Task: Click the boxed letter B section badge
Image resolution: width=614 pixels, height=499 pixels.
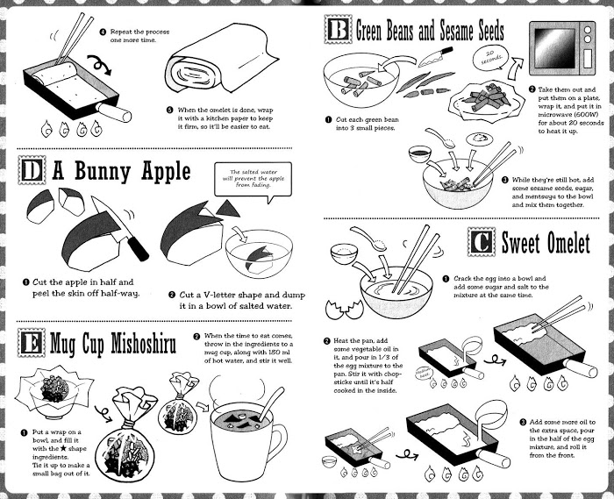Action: coord(338,30)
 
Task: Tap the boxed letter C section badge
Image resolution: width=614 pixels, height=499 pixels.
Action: coord(482,242)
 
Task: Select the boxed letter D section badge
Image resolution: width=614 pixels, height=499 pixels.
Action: coord(32,170)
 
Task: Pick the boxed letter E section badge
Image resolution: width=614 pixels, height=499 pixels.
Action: coord(32,343)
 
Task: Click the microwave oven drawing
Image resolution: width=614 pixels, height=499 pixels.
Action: coord(562,48)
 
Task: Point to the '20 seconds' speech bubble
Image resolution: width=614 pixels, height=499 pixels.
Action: coord(489,58)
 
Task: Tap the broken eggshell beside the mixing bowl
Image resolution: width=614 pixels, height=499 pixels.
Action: coord(344,309)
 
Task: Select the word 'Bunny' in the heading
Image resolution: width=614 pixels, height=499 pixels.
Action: coord(103,171)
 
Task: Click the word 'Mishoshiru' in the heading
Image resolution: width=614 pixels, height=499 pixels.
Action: coord(143,344)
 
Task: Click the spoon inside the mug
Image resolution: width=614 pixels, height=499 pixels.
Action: coord(270,404)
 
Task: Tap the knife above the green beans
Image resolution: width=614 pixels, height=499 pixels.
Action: coord(435,57)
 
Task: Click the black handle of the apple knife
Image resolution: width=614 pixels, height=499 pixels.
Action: coord(139,249)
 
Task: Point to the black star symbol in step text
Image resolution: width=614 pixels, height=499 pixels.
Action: coord(63,448)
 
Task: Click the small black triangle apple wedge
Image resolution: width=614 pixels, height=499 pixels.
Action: coord(227,209)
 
